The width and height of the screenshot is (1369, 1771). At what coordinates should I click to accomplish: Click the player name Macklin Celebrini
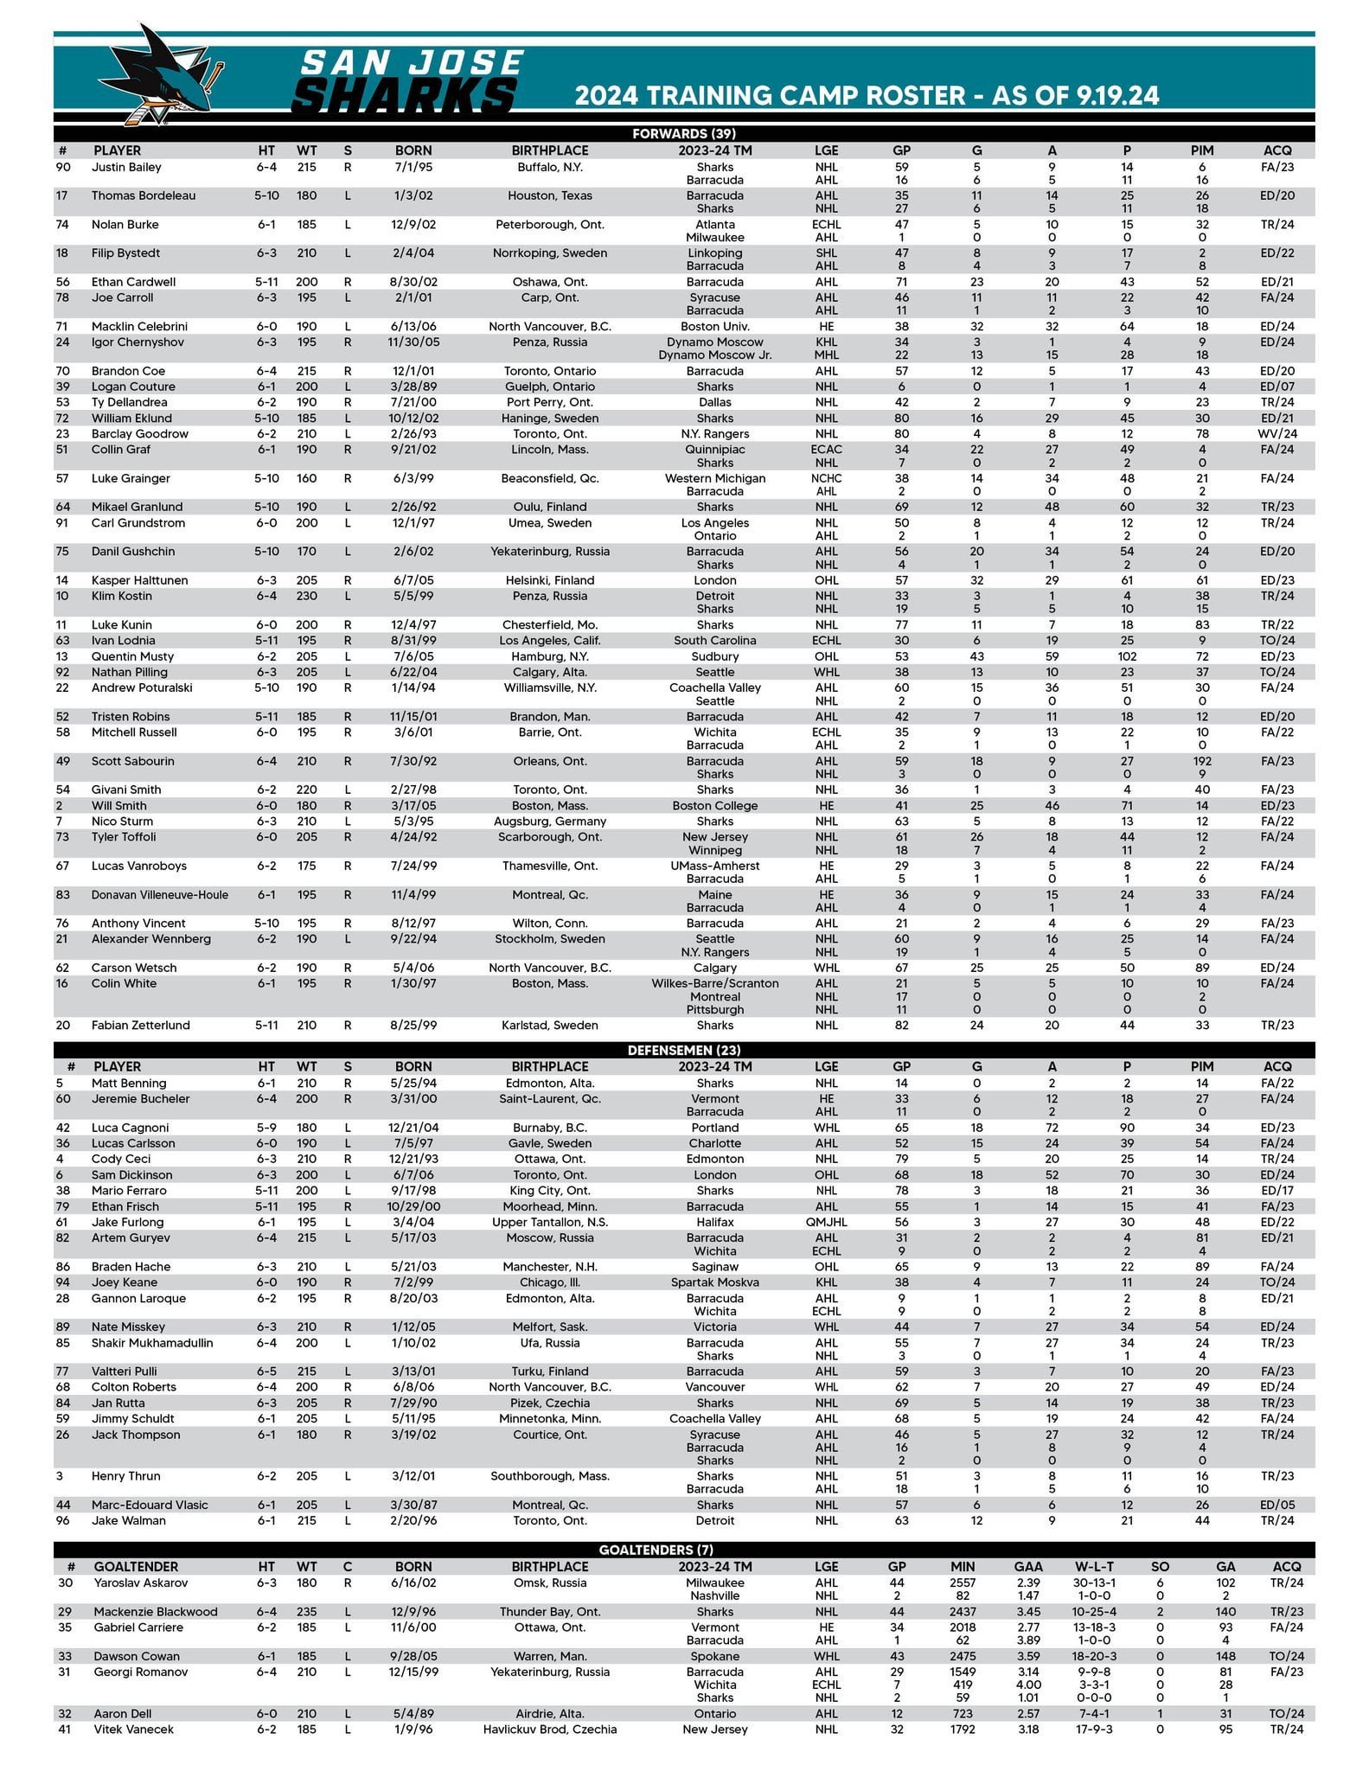pos(139,327)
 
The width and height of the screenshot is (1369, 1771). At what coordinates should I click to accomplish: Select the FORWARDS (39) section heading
pos(683,134)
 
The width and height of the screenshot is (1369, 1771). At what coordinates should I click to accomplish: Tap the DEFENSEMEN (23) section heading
pos(683,1050)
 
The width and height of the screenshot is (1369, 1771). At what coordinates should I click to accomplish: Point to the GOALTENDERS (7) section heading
pos(683,1550)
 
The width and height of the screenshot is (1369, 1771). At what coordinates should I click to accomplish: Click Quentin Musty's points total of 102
pos(1127,656)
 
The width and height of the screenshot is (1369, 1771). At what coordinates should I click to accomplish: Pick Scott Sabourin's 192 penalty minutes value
pos(1201,762)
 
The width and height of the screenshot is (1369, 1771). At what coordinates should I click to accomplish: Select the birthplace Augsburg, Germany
pos(549,822)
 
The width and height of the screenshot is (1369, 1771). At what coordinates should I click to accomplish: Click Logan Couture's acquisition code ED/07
pos(1277,387)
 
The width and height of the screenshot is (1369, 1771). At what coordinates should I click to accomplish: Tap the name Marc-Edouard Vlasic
pos(150,1506)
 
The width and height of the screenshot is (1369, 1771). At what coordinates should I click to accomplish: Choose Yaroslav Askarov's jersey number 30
pos(66,1583)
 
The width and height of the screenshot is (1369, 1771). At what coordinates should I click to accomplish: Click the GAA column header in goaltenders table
pos(1027,1567)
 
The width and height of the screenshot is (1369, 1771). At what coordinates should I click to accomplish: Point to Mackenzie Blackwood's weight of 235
pos(307,1612)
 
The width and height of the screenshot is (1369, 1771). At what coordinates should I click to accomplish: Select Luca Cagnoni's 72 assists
pos(1052,1128)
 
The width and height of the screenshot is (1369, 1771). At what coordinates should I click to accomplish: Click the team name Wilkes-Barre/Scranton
pos(715,983)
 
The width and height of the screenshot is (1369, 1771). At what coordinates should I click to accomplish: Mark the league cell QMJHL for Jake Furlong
pos(826,1222)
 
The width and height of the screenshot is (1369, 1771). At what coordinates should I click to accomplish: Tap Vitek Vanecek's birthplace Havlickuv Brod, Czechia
pos(549,1729)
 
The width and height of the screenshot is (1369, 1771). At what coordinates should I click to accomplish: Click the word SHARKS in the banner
pos(405,94)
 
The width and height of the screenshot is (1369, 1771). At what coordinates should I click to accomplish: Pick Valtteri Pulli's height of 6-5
pos(266,1371)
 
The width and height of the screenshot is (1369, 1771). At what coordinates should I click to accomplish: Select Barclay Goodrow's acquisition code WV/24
pos(1277,434)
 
